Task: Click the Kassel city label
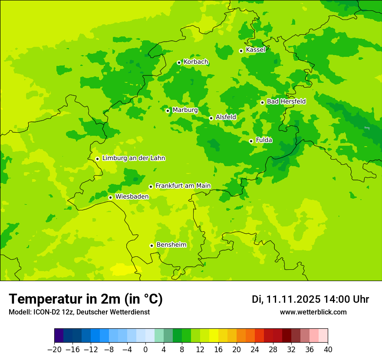255,50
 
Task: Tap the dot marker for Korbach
179,62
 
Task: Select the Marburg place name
185,110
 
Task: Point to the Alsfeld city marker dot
211,118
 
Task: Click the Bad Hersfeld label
286,101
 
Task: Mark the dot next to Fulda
251,141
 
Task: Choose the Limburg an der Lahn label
133,158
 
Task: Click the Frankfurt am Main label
183,186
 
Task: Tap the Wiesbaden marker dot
111,197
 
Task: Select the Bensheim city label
171,245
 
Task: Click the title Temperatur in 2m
86,299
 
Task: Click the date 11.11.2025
293,299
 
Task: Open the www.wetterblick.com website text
313,312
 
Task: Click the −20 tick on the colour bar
54,349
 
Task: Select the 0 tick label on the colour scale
145,349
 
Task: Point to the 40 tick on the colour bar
328,349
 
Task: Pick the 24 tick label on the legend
255,349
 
